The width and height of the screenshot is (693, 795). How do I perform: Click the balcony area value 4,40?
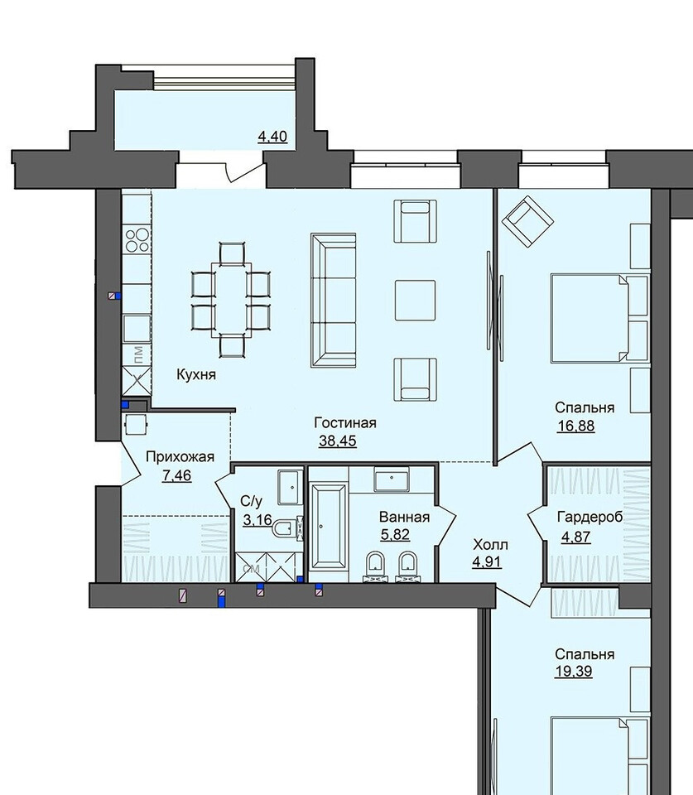[x=272, y=137]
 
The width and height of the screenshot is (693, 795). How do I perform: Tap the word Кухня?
[x=196, y=374]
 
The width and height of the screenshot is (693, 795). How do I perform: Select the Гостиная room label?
[x=345, y=423]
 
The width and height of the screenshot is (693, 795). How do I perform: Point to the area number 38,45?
[x=338, y=441]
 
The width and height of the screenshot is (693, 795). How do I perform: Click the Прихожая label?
[x=180, y=457]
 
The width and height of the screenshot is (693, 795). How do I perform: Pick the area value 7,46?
[x=177, y=475]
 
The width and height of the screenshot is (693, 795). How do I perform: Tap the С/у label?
[x=252, y=502]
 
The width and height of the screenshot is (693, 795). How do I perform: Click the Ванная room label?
[x=405, y=517]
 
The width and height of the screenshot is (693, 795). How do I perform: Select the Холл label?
[x=490, y=545]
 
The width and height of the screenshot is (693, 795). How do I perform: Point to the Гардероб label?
[x=590, y=517]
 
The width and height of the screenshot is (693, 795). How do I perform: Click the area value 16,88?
[x=576, y=426]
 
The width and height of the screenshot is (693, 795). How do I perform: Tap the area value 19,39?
[x=573, y=672]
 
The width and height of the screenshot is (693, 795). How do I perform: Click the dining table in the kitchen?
[x=231, y=299]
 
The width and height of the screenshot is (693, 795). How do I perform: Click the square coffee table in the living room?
[x=415, y=300]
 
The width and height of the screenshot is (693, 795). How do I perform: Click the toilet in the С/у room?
[x=287, y=528]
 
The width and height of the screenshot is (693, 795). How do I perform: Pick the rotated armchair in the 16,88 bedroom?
[x=527, y=222]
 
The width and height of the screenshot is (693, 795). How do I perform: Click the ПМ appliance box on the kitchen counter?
[x=137, y=353]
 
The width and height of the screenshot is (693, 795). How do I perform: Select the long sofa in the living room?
[x=334, y=300]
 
